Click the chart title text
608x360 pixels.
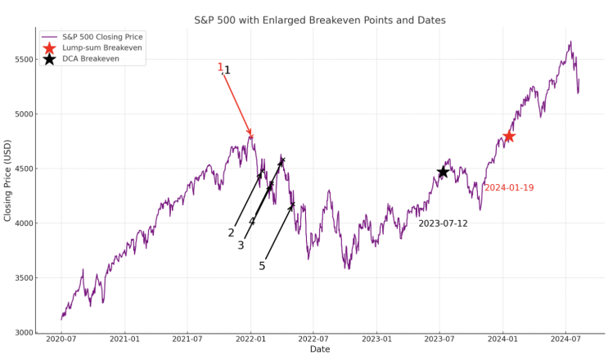(x=319, y=19)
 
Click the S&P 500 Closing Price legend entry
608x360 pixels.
(x=101, y=37)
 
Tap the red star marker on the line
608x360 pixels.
(x=508, y=136)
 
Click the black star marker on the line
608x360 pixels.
(x=443, y=172)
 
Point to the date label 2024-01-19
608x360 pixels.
(x=509, y=188)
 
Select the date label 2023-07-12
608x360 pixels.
(x=443, y=223)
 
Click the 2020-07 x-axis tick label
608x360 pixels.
(x=61, y=339)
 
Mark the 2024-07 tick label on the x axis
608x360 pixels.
(x=565, y=339)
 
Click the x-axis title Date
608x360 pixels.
(x=320, y=350)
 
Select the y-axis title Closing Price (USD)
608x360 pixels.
(x=8, y=180)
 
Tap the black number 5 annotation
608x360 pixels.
(x=262, y=266)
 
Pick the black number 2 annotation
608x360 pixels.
(x=232, y=233)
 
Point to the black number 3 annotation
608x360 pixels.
(x=241, y=245)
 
